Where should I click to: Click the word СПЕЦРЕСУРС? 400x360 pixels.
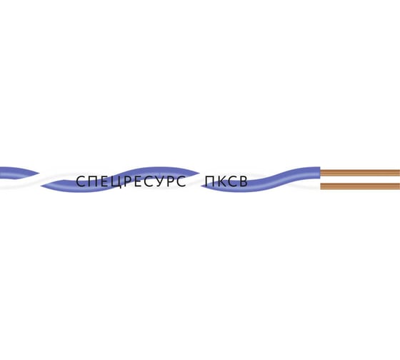[131, 181]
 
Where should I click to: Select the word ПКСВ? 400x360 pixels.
[226, 181]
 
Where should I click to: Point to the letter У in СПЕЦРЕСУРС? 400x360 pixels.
[160, 181]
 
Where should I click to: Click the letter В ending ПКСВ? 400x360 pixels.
[244, 181]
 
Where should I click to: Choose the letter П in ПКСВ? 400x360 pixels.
[210, 181]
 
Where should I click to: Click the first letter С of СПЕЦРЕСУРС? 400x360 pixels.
[81, 181]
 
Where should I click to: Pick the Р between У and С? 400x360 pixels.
[171, 181]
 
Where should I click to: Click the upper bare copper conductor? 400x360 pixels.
[360, 173]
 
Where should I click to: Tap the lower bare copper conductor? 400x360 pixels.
[360, 186]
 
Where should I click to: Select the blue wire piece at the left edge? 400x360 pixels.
[19, 173]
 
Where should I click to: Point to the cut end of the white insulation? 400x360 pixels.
[320, 186]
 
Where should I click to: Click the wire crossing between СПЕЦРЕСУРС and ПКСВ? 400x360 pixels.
[199, 179]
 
